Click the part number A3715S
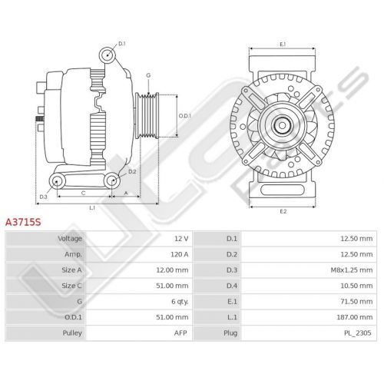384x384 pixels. [x=23, y=222]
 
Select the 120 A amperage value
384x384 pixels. [x=180, y=254]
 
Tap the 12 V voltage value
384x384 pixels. [x=181, y=239]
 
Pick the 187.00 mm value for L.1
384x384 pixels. [x=355, y=317]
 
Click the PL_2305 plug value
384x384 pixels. [x=357, y=333]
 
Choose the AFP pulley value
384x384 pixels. [x=180, y=333]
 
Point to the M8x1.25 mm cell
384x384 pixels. [x=352, y=270]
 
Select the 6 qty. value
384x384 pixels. [x=180, y=302]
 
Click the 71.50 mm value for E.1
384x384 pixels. [x=356, y=302]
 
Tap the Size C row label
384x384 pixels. [x=71, y=286]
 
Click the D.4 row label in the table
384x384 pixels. [x=232, y=286]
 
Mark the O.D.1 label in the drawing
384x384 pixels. [x=185, y=116]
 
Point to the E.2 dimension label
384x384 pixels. [x=283, y=211]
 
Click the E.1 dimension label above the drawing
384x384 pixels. [x=283, y=45]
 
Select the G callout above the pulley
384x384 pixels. [x=148, y=75]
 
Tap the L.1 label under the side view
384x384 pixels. [x=92, y=208]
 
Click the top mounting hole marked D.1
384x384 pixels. [x=107, y=55]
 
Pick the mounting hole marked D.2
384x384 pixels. [x=112, y=180]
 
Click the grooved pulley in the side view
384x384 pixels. [x=147, y=116]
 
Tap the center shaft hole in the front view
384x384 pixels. [x=282, y=125]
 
